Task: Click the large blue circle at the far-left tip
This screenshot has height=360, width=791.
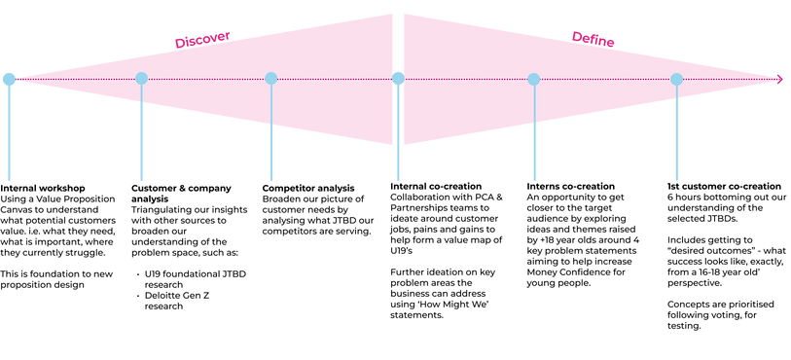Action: coord(9,78)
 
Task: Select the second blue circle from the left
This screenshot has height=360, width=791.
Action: coord(141,78)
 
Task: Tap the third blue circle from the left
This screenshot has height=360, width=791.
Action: coord(271,78)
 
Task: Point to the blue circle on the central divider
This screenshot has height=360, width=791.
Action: coord(398,77)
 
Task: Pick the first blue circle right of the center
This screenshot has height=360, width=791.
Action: coord(533,79)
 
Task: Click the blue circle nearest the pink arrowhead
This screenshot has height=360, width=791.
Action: coord(676,79)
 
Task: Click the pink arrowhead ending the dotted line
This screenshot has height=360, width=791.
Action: coord(779,79)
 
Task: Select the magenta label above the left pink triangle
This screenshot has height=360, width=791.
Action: coord(202,38)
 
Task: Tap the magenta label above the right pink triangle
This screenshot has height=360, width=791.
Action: coord(593,38)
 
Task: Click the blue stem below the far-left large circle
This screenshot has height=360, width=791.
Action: coord(9,136)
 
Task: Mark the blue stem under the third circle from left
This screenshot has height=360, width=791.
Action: coord(271,141)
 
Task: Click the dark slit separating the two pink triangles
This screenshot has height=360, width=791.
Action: coord(398,39)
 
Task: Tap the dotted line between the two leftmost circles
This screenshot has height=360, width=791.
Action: coord(75,79)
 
